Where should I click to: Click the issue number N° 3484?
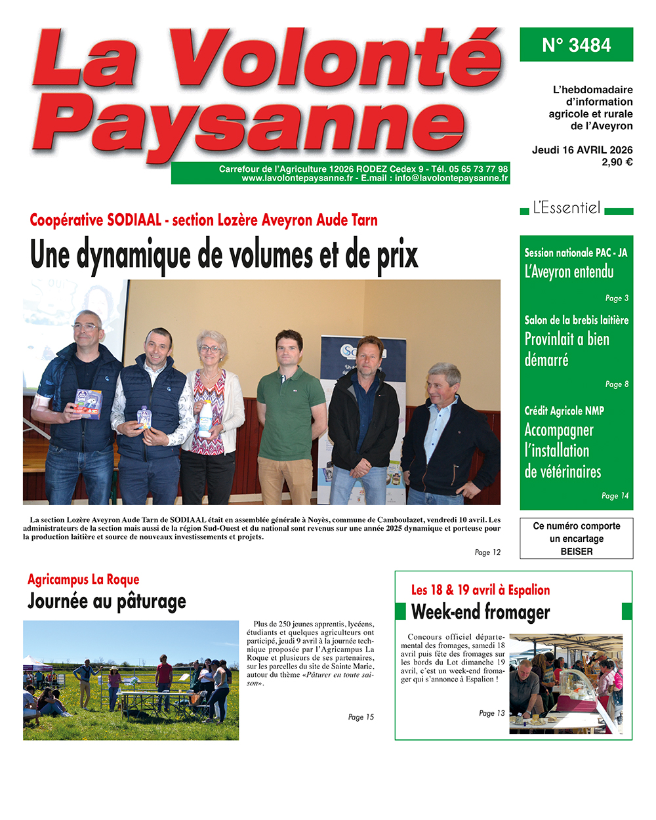576,45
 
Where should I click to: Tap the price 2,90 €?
617,162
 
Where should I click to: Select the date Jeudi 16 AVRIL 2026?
582,150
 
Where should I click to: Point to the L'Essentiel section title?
567,209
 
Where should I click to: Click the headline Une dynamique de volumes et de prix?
224,255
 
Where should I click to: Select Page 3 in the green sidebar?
617,298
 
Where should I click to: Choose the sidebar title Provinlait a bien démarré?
567,349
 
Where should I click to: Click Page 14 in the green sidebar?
615,496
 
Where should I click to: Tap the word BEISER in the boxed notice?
576,552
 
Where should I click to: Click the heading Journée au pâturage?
107,602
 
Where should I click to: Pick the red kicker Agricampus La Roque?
83,579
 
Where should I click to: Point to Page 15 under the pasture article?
361,717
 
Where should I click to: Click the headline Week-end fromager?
480,612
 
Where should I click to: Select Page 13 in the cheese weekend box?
491,713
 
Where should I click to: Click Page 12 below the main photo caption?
487,552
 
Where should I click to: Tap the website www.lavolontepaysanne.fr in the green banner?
297,178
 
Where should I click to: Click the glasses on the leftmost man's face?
87,326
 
